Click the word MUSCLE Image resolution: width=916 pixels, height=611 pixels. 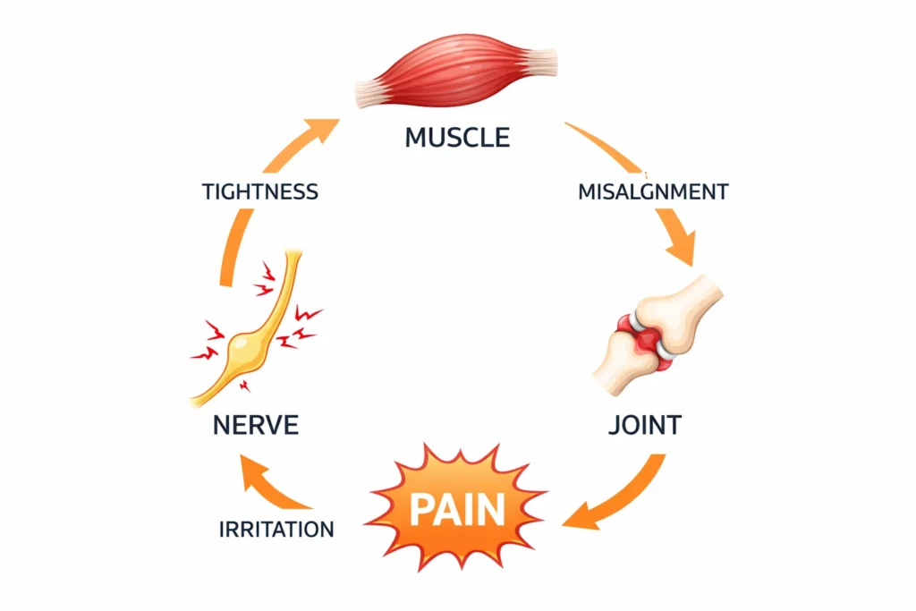coord(457,137)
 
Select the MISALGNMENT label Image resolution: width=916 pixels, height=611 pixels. coord(652,191)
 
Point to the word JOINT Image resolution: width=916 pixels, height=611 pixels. coord(644,423)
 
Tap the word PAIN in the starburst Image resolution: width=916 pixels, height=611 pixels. coord(457,509)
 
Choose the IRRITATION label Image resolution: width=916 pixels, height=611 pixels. coord(276,529)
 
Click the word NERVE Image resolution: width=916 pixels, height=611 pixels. coord(255,424)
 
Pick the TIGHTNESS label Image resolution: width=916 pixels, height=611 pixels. coord(260,191)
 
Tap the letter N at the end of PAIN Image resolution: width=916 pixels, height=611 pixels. coord(491,509)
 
